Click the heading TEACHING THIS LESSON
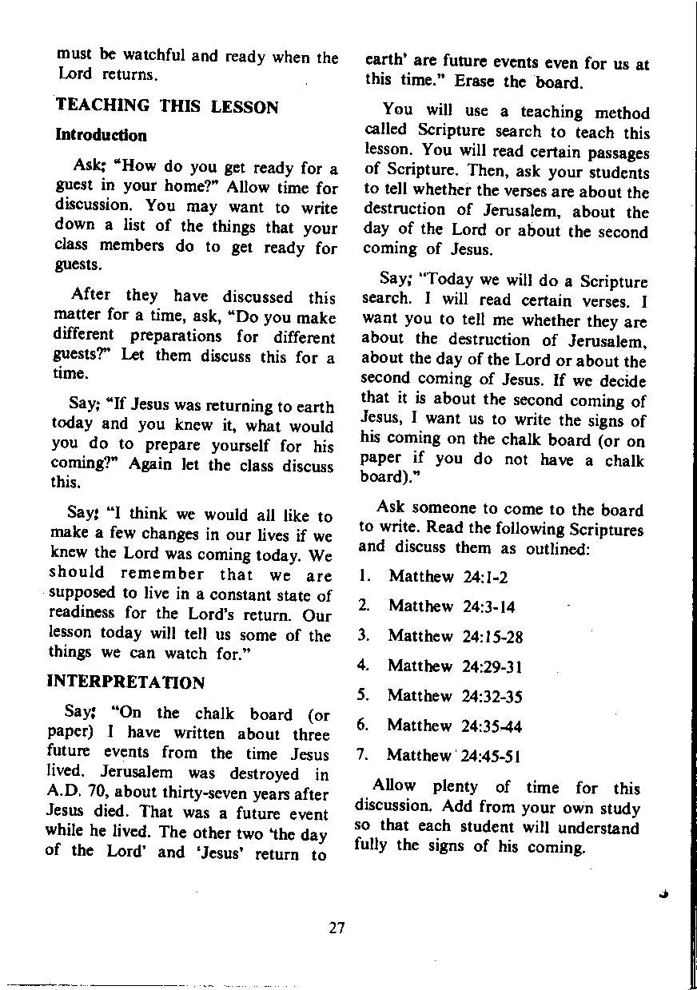[x=166, y=107]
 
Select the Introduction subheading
[x=101, y=135]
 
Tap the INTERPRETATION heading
[x=125, y=682]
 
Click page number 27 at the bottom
[x=337, y=928]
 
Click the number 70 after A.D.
[x=101, y=794]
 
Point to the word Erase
[x=476, y=82]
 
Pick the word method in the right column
[x=623, y=113]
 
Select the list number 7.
[x=361, y=755]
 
